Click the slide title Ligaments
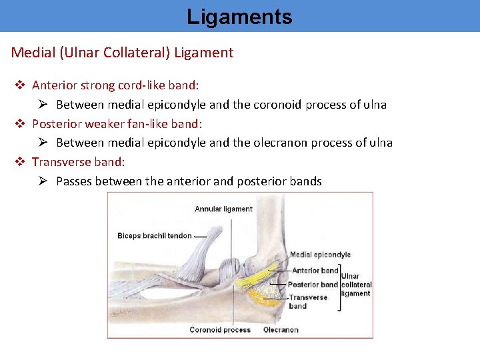pyautogui.click(x=239, y=16)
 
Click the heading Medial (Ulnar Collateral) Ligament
pyautogui.click(x=122, y=53)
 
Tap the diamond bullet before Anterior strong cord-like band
pyautogui.click(x=20, y=85)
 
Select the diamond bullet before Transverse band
pyautogui.click(x=20, y=162)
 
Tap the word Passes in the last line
pyautogui.click(x=74, y=181)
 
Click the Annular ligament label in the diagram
pyautogui.click(x=223, y=209)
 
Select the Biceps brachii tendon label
pyautogui.click(x=154, y=235)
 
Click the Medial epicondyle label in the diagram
pyautogui.click(x=320, y=255)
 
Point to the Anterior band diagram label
pyautogui.click(x=315, y=271)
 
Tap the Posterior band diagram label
pyautogui.click(x=313, y=285)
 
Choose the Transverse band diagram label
pyautogui.click(x=307, y=302)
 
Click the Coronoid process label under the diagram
pyautogui.click(x=220, y=330)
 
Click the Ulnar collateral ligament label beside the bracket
pyautogui.click(x=357, y=285)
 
